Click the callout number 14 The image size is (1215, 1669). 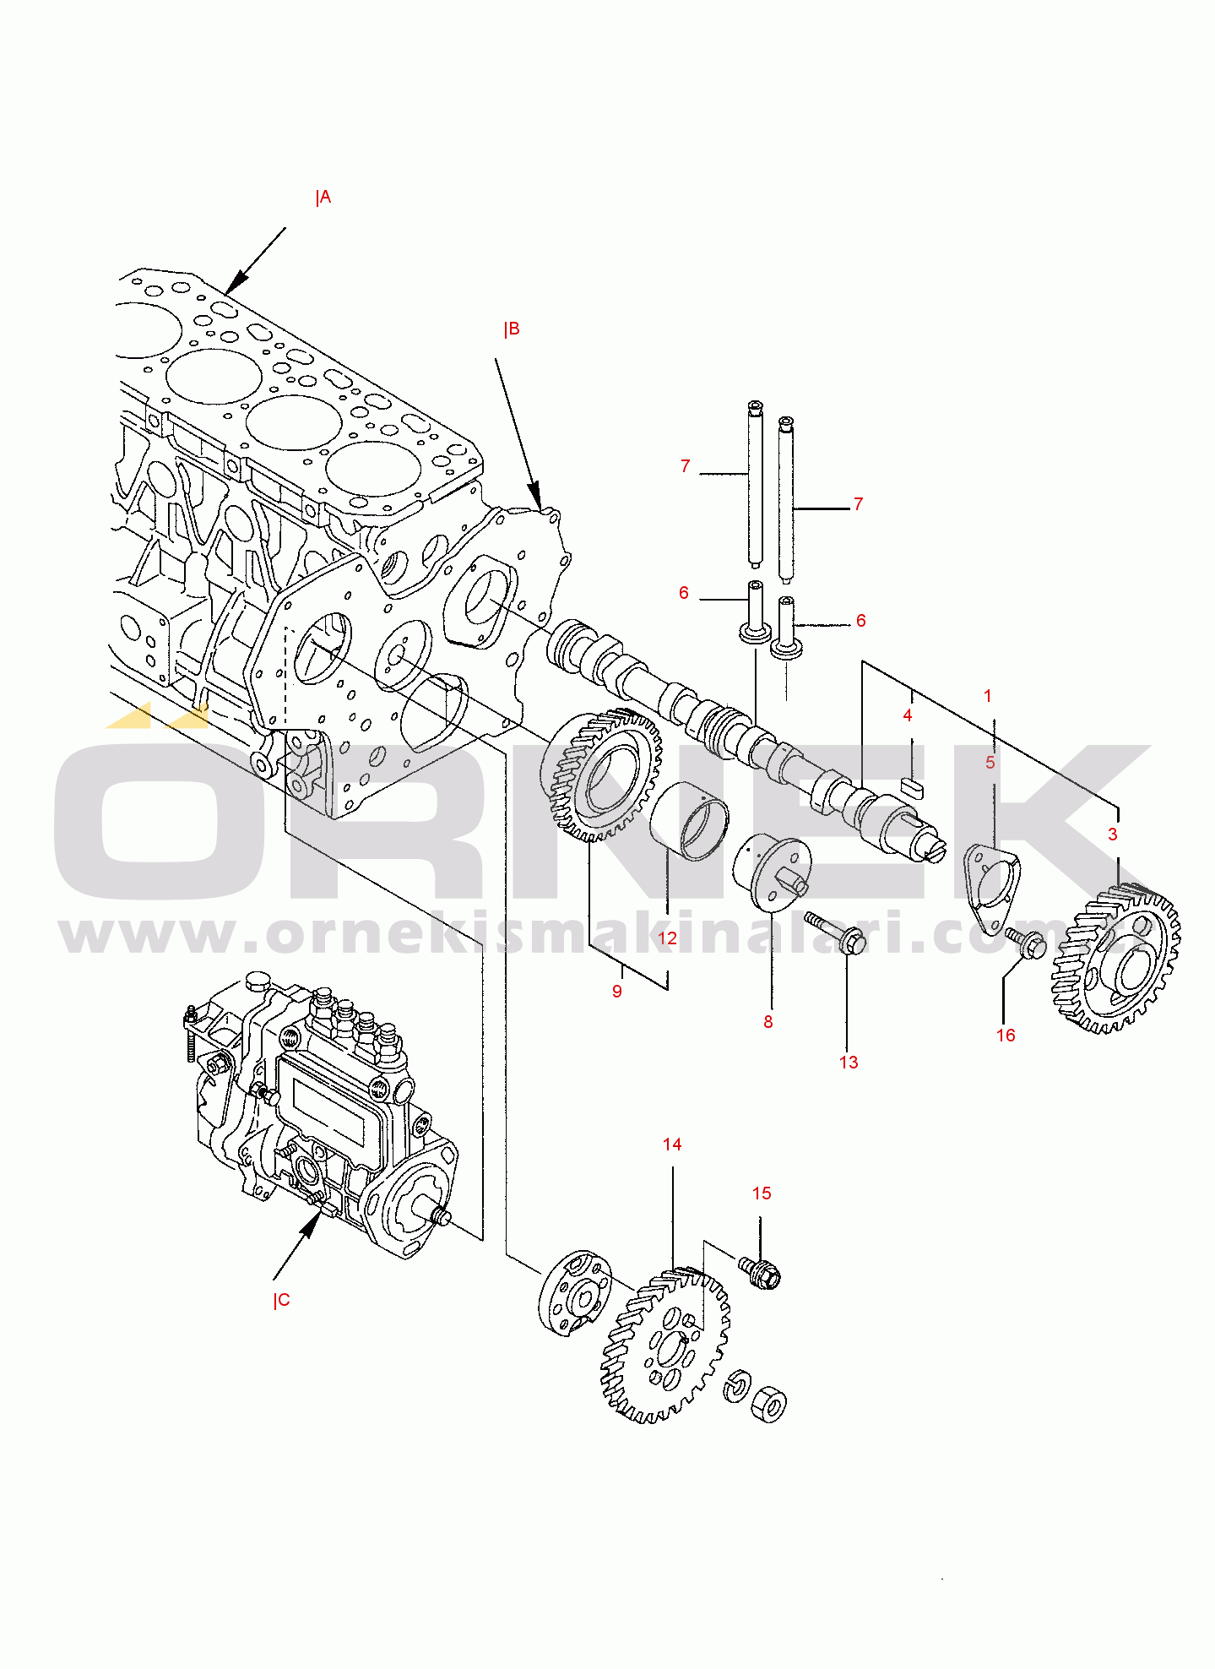(x=672, y=1144)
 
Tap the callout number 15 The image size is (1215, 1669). (x=762, y=1193)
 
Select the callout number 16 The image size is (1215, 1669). (x=1006, y=1036)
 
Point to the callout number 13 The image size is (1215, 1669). (x=849, y=1063)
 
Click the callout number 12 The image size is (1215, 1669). (x=667, y=938)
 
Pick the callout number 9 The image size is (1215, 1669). (x=617, y=992)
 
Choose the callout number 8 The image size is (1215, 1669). (x=768, y=1022)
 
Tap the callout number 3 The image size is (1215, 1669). (x=1113, y=834)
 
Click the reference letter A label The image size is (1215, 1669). (x=323, y=198)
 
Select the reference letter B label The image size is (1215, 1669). (x=512, y=329)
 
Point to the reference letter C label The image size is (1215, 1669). (x=282, y=1300)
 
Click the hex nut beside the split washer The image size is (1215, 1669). (x=768, y=1403)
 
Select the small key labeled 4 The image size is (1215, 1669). (x=912, y=787)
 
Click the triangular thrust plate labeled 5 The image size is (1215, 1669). (x=991, y=888)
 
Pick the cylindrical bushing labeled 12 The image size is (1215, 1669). (x=689, y=822)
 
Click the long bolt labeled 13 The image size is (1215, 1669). (x=835, y=932)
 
